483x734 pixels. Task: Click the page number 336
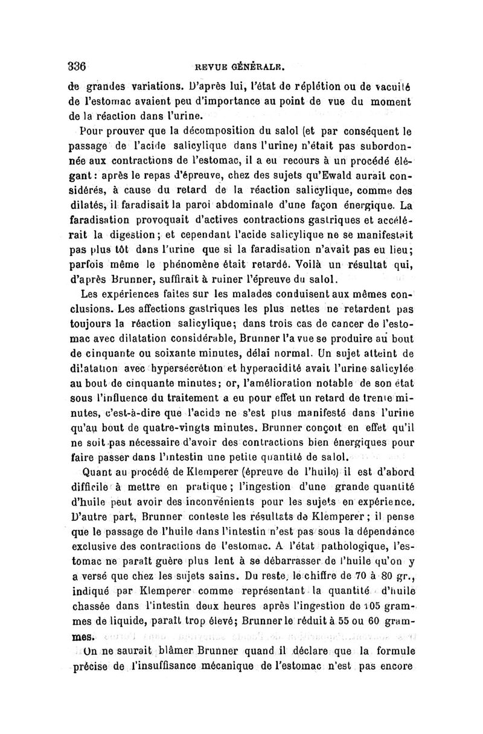pos(80,66)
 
